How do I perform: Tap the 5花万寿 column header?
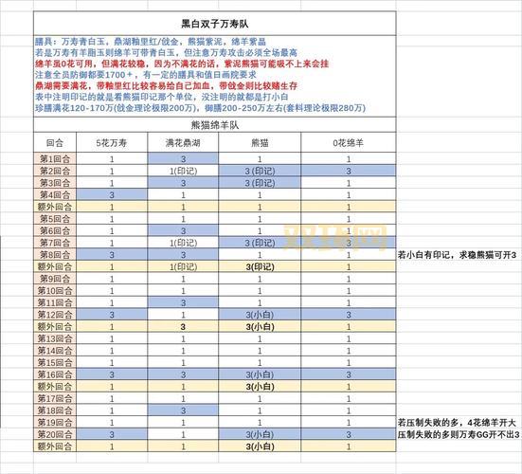pyautogui.click(x=112, y=142)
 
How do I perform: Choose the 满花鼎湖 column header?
pyautogui.click(x=183, y=142)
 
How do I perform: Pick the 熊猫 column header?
pyautogui.click(x=259, y=142)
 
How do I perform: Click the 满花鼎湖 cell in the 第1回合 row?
pyautogui.click(x=183, y=159)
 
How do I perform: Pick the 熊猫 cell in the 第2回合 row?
pyautogui.click(x=259, y=172)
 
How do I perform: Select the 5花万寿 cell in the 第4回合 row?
pyautogui.click(x=112, y=194)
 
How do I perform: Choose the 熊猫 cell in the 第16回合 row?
pyautogui.click(x=259, y=374)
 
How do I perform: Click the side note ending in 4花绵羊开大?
pyautogui.click(x=458, y=421)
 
